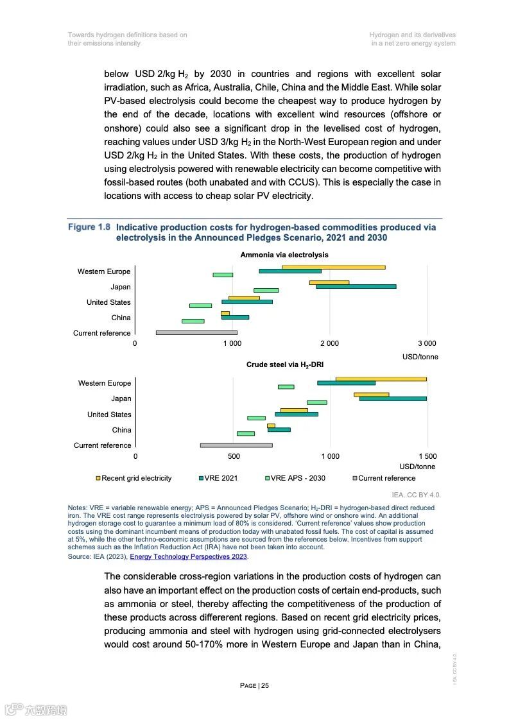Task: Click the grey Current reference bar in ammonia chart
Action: (196, 332)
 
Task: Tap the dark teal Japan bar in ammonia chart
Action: (356, 286)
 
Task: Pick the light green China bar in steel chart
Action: (246, 434)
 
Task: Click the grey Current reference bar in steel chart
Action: (236, 445)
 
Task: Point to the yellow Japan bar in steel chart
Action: (371, 395)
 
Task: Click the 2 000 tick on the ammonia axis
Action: (329, 344)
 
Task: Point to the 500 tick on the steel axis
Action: (234, 456)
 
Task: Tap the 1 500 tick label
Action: (427, 456)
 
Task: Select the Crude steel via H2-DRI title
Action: (285, 365)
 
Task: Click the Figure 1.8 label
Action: (89, 227)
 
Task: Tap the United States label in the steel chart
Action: (109, 415)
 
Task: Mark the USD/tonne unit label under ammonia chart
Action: (420, 357)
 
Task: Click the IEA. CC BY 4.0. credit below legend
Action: (416, 495)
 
